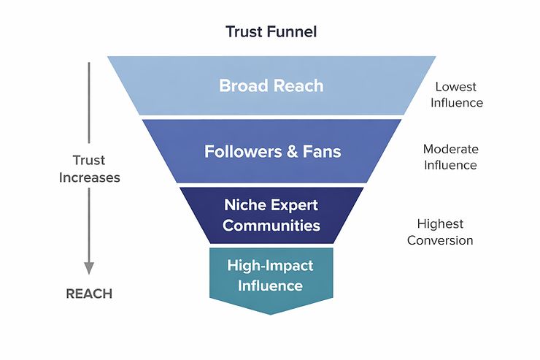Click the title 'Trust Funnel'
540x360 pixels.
(271, 32)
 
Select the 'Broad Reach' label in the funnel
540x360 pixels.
(271, 85)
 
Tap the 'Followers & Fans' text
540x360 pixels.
(272, 153)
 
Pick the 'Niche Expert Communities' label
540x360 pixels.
(271, 215)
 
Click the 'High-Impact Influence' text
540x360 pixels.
(271, 275)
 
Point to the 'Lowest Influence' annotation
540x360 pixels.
(456, 93)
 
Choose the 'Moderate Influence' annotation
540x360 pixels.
(450, 157)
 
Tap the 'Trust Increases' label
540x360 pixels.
(89, 169)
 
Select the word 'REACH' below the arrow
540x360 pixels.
(89, 294)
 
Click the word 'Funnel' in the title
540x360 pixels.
(293, 32)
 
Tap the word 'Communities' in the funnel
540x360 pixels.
(271, 225)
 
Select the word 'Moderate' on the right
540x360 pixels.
(450, 149)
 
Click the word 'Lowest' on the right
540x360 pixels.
(456, 85)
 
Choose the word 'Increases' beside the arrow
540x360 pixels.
(89, 177)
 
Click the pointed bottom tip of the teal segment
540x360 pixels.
(271, 313)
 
